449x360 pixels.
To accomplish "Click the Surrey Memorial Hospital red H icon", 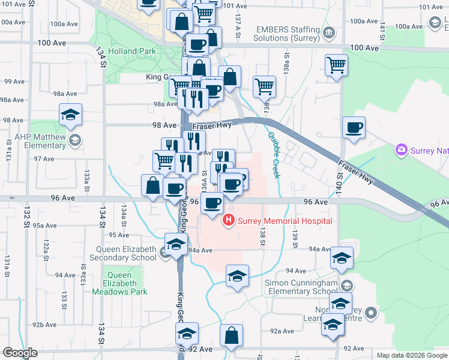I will [228, 221].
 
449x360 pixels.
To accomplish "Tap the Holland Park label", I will [132, 52].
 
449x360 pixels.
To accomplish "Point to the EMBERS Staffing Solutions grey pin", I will [328, 32].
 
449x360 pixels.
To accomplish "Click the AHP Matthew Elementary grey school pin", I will [75, 141].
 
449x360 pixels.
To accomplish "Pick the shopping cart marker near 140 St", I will [337, 65].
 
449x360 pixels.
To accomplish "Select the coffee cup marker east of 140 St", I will [354, 127].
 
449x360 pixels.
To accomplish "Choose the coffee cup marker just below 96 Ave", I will [211, 203].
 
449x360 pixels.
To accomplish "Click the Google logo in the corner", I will [20, 353].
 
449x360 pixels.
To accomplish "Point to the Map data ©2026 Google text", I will [411, 355].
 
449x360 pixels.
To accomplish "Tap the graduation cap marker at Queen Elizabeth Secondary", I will [175, 245].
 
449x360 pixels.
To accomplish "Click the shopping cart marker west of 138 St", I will [264, 87].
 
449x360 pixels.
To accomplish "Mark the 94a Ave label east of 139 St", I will [320, 249].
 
